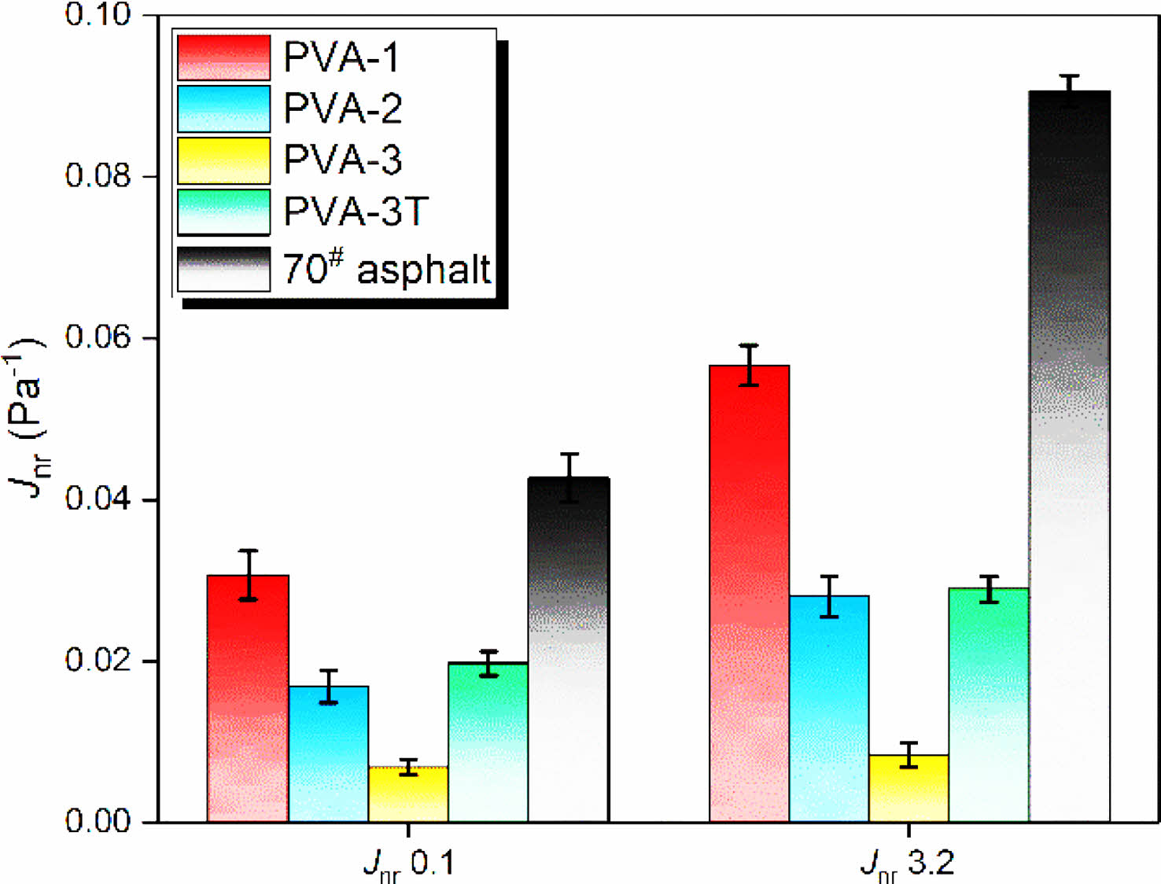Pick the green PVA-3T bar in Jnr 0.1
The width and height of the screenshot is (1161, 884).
488,742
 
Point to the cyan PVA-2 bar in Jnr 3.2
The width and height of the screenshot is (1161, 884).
829,709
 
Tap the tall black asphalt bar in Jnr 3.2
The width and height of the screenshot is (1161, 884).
1069,456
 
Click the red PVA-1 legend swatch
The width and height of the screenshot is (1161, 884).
224,57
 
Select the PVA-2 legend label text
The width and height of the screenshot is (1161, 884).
342,108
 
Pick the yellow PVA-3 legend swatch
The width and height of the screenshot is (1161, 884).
224,160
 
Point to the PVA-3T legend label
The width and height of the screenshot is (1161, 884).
356,212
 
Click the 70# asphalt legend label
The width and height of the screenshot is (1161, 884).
386,268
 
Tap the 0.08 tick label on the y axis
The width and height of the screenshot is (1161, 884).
98,175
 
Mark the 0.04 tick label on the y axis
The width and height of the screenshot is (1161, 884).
98,499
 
